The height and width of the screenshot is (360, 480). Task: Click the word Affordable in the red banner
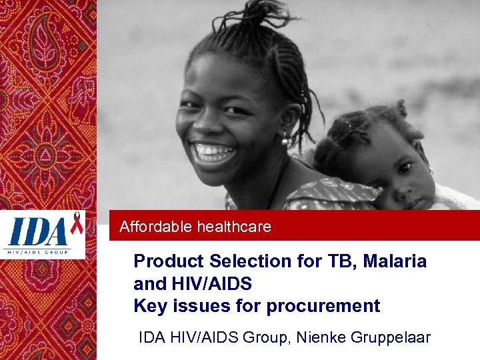point(156,227)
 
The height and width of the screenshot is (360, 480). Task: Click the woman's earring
point(285,139)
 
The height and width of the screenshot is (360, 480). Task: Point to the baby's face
point(400,177)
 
